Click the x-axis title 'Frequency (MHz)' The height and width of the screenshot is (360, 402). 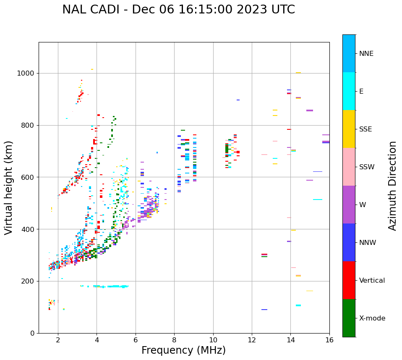click(183, 350)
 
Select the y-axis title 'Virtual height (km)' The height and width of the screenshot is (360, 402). click(9, 187)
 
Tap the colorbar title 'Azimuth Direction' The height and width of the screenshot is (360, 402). click(392, 185)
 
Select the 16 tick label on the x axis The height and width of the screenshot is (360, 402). click(329, 340)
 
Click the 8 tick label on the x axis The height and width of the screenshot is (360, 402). click(174, 340)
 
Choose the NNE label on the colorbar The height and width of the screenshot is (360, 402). click(366, 54)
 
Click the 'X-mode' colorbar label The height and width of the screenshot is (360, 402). click(372, 318)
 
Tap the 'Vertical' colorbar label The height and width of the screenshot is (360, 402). click(372, 281)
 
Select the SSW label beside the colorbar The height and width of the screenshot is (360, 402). click(367, 167)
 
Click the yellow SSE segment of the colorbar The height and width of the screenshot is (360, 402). click(349, 129)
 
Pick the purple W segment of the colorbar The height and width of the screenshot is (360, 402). click(349, 205)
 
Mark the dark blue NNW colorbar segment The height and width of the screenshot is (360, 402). click(349, 242)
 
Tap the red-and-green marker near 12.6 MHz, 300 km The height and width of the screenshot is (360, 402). click(264, 255)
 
